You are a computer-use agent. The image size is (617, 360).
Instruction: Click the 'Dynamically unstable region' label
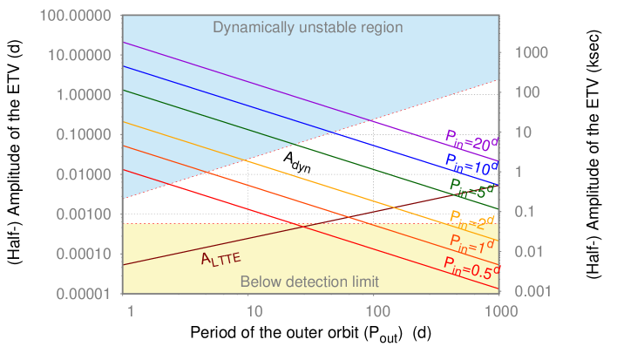coord(308,27)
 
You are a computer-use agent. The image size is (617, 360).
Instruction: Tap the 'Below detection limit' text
coord(309,282)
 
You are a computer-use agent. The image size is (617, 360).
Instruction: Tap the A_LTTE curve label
coord(220,258)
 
